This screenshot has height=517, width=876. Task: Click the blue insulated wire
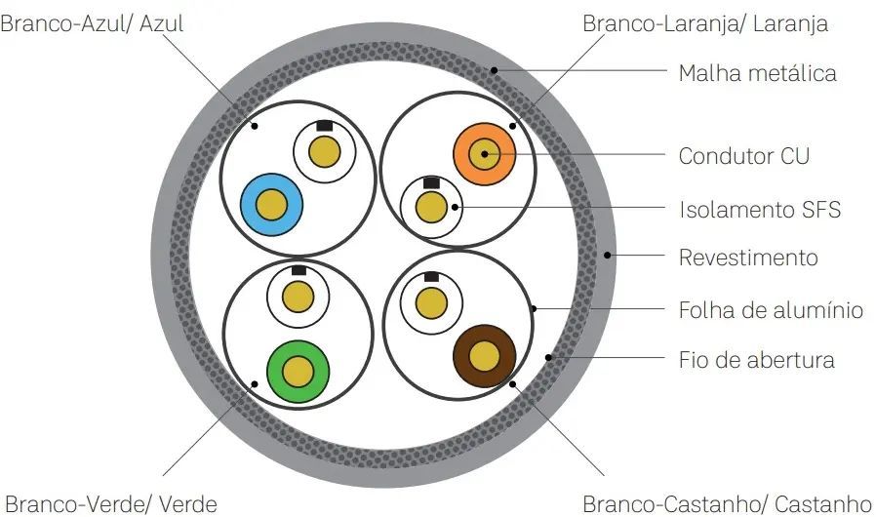click(x=271, y=205)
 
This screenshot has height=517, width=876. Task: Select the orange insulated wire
click(x=484, y=154)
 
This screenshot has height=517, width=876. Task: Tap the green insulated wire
click(x=298, y=371)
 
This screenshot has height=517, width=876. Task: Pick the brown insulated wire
click(x=484, y=356)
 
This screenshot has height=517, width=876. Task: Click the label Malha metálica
click(x=757, y=73)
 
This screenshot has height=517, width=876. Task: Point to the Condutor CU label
click(x=743, y=156)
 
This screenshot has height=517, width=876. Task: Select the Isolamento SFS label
click(x=759, y=210)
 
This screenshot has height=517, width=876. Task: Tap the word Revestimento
click(x=748, y=258)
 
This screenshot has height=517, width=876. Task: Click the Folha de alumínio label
click(x=771, y=309)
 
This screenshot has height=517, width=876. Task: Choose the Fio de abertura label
click(x=756, y=360)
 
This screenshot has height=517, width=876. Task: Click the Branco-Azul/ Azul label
click(x=92, y=24)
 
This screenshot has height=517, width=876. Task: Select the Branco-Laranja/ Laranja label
click(x=705, y=24)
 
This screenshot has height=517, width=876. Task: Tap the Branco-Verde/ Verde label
click(x=110, y=504)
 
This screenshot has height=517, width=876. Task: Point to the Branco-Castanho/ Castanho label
click(x=727, y=504)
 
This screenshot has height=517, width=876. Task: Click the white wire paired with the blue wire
click(x=325, y=151)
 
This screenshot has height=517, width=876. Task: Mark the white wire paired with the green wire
click(x=298, y=297)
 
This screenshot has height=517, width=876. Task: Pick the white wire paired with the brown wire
click(x=431, y=304)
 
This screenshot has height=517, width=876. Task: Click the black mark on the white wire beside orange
click(x=431, y=182)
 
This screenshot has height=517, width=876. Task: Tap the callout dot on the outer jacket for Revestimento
click(x=608, y=256)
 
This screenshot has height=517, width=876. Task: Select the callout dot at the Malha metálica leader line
click(x=494, y=70)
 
